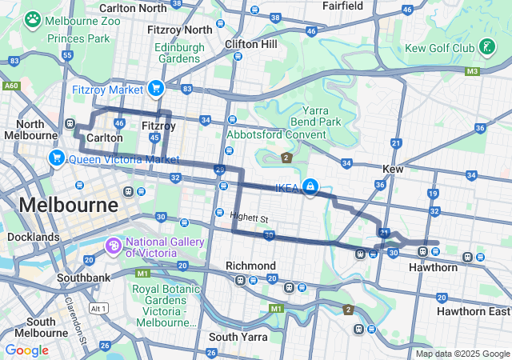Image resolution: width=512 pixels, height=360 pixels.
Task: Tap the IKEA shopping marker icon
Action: point(309,188)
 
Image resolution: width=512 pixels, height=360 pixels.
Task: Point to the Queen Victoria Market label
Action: point(123,158)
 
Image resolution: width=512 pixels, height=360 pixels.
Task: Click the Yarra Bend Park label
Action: point(322,116)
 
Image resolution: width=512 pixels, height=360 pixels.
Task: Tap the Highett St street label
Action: point(247,215)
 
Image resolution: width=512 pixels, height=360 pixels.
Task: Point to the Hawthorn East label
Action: point(474,310)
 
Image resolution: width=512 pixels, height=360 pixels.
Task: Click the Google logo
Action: point(26,350)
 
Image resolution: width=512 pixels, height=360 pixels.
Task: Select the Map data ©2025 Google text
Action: point(462,354)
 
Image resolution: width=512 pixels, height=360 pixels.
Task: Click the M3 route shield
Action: point(472,71)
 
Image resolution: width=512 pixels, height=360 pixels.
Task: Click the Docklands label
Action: point(33,237)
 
